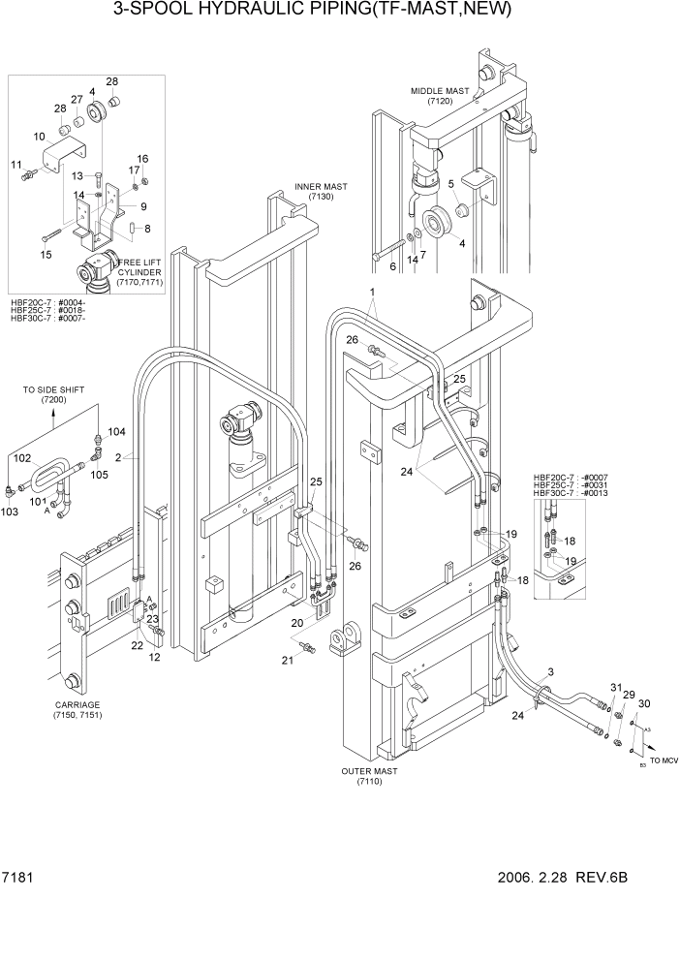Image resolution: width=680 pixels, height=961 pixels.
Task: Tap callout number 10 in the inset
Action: [x=39, y=137]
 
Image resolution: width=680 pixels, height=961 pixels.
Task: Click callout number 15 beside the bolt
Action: [x=45, y=255]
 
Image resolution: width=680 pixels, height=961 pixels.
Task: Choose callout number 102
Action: [x=20, y=455]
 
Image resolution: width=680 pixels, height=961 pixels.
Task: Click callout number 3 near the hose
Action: [x=551, y=672]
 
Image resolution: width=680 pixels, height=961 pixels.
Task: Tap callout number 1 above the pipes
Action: [x=371, y=292]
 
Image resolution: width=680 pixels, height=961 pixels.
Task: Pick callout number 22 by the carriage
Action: [x=137, y=645]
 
